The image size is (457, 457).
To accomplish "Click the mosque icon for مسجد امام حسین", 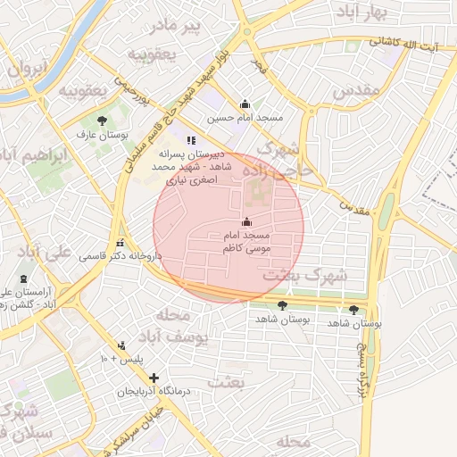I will [x=245, y=104].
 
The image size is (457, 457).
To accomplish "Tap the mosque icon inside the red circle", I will [x=246, y=221].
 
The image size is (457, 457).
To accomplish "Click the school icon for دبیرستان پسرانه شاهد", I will [x=190, y=139].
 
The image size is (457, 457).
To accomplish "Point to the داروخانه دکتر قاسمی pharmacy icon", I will [x=120, y=243].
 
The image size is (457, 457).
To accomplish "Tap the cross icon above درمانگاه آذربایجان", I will [x=154, y=378].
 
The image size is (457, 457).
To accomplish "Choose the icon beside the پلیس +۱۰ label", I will [x=122, y=346].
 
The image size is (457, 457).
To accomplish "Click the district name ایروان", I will [x=27, y=68].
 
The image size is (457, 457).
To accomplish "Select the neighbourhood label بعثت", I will [x=224, y=382].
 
